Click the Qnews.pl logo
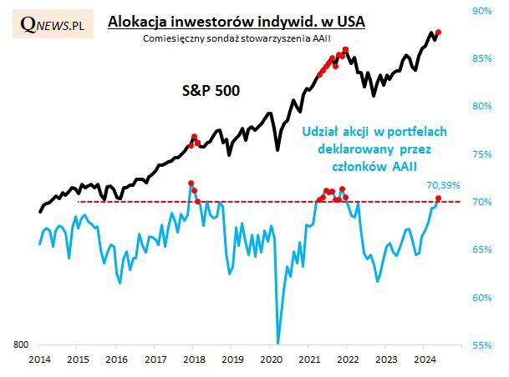[53, 24]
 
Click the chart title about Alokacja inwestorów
[237, 22]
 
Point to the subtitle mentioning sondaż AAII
[237, 38]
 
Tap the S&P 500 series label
[211, 90]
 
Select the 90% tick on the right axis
[481, 11]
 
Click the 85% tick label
[481, 58]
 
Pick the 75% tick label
[481, 154]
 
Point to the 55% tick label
[481, 345]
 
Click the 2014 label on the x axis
[39, 359]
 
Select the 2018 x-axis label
[194, 359]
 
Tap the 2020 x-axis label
[272, 359]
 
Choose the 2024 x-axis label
[425, 359]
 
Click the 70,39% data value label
[443, 185]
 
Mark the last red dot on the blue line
[438, 199]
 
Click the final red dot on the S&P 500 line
[438, 32]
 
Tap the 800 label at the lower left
[21, 344]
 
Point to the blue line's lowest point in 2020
[277, 343]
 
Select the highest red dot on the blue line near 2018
[191, 183]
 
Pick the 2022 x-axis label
[348, 359]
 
